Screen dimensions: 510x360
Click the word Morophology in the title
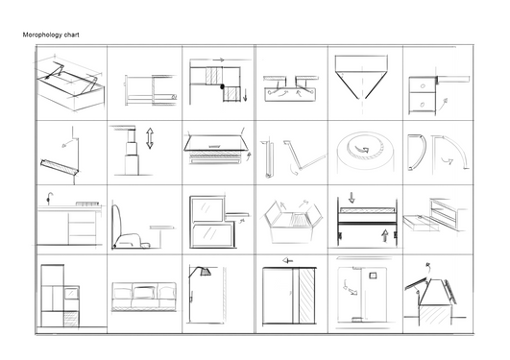click(42, 35)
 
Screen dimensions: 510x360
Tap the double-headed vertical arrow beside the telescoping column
click(150, 138)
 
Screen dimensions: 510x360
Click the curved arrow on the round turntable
click(362, 149)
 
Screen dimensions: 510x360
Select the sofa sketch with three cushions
click(144, 297)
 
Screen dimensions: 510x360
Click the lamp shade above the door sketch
click(206, 272)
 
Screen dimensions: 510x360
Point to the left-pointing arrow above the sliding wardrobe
click(288, 260)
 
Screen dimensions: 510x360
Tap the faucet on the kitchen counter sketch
click(49, 198)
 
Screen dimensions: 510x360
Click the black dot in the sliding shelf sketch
click(223, 86)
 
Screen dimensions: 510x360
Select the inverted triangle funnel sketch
click(361, 77)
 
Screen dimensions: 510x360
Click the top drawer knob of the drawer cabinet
click(423, 86)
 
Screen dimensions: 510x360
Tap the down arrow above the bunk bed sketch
click(352, 198)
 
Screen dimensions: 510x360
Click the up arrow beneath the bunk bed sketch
click(385, 236)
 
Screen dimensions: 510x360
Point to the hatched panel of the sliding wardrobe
click(306, 296)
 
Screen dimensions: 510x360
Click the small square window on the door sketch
click(373, 276)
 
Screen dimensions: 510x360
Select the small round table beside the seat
click(162, 237)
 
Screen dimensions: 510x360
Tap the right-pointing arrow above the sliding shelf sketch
click(219, 60)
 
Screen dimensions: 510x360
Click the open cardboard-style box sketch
click(293, 222)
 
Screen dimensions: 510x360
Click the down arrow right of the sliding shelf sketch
click(245, 95)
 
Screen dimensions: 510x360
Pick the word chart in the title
click(72, 35)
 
